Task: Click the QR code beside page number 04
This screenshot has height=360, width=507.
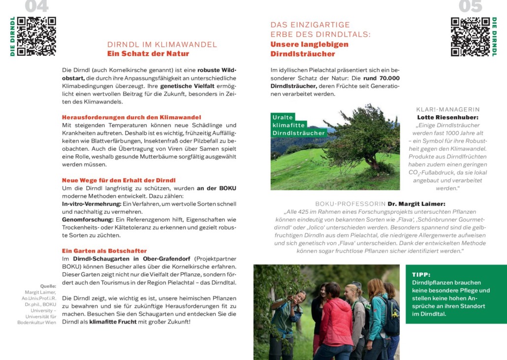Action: point(36,36)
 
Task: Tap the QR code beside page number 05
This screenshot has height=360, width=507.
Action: point(471,36)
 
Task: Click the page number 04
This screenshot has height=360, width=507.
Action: point(36,6)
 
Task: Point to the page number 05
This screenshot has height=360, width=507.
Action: point(471,6)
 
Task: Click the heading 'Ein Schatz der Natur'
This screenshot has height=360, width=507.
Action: point(148,54)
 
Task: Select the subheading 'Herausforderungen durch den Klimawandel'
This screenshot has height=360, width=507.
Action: point(131,117)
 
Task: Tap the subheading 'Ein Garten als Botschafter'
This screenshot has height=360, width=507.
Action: point(104,251)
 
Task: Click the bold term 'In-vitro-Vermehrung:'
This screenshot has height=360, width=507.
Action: point(92,204)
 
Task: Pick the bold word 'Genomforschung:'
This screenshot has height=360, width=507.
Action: point(87,219)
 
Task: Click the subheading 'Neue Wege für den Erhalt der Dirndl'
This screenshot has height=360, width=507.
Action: point(119,180)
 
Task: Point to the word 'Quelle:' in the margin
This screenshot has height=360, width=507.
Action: point(48,286)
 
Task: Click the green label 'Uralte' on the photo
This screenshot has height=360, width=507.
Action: point(283,117)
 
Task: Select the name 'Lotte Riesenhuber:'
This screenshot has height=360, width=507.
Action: point(447,117)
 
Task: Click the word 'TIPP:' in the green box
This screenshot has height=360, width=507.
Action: point(421,274)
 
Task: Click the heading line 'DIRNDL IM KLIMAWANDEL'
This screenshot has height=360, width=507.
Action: point(162,44)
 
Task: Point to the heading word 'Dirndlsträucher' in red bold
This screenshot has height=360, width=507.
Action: point(303,54)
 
